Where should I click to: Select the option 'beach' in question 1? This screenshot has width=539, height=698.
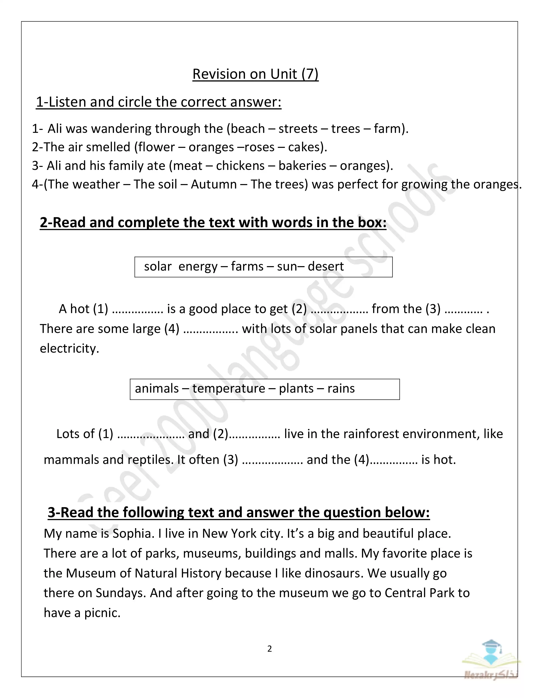pos(248,129)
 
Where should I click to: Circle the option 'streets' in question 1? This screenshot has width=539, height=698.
pos(298,129)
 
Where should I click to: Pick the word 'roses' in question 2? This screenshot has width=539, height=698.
pos(259,147)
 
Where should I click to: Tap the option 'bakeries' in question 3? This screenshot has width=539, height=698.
pos(302,166)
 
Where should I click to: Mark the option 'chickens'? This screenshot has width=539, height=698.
pos(240,166)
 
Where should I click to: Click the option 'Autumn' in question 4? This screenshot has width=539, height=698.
pos(214,184)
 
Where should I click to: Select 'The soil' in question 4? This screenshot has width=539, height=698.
pos(155,184)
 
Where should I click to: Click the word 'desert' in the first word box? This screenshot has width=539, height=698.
pos(326,267)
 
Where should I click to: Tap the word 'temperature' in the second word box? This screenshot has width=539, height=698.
pos(229,389)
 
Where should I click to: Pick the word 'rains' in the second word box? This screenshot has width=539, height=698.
pos(341,389)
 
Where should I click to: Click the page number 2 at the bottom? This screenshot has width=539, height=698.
pos(269,649)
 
